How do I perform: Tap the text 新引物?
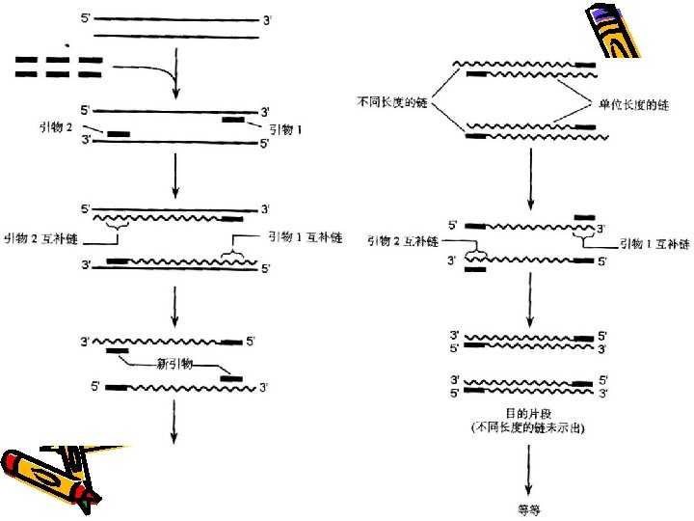(174, 365)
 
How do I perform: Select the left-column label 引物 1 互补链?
(304, 236)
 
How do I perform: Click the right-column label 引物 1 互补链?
(655, 244)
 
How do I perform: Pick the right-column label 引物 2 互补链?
(402, 241)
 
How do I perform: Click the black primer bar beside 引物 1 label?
(232, 119)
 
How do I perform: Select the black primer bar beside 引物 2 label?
(119, 134)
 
